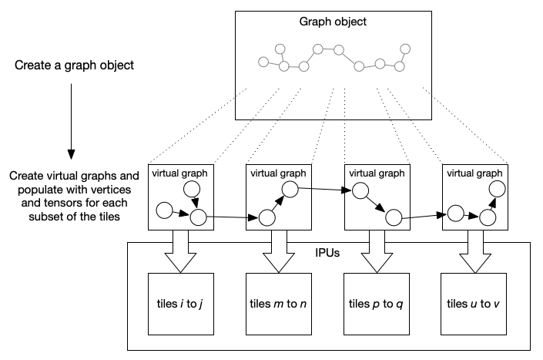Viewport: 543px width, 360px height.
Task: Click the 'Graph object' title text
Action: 333,21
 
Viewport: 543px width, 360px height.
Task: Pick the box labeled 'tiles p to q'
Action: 375,304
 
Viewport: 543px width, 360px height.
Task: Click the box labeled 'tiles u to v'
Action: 473,304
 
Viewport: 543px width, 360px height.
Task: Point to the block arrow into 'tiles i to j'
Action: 179,251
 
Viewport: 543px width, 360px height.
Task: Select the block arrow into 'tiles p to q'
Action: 375,251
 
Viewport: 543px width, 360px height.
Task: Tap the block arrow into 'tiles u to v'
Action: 474,251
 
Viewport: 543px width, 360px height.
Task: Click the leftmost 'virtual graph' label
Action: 179,172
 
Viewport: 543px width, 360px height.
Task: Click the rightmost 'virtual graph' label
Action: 474,172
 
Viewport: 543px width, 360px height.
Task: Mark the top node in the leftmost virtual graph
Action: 193,188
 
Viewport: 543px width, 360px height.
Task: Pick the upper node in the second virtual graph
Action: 290,188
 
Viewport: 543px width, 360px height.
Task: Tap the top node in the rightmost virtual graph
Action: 498,188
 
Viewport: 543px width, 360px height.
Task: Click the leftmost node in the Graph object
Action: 264,61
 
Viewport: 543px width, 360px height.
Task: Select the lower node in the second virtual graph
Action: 267,218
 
